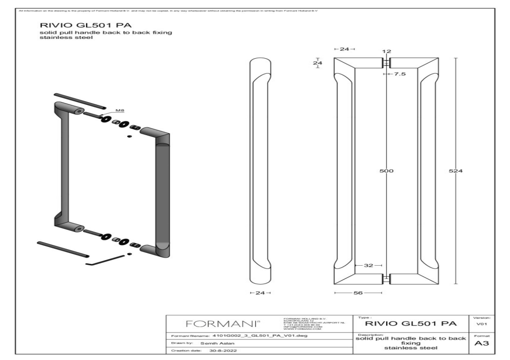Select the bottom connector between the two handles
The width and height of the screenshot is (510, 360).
tap(386, 278)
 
